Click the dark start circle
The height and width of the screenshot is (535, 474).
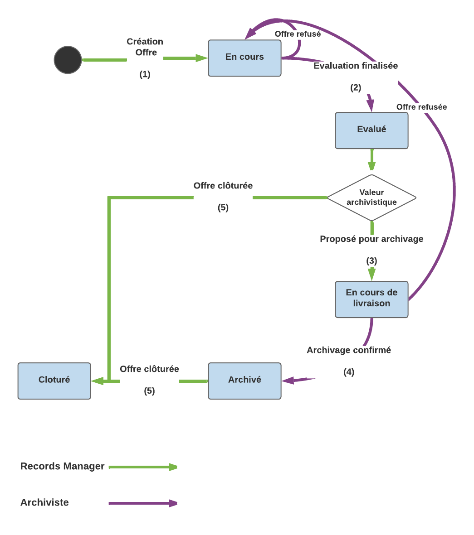tap(68, 60)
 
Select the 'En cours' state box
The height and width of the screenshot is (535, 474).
tap(244, 58)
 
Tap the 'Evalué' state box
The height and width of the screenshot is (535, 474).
tap(371, 130)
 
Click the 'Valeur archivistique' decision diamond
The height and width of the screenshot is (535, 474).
tap(371, 198)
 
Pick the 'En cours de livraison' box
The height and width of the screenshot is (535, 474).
tap(371, 299)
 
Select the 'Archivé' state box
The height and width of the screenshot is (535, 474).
tap(244, 381)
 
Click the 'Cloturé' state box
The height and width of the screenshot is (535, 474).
tap(54, 381)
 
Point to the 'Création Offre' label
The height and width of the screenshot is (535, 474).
tap(145, 47)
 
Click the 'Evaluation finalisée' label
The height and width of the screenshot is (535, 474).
tap(356, 66)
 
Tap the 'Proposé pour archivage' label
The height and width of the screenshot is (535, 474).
tap(371, 239)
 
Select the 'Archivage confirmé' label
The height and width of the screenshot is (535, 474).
tap(349, 350)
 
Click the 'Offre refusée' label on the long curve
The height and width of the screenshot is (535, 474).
tap(421, 107)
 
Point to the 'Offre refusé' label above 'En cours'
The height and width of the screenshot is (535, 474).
tap(298, 34)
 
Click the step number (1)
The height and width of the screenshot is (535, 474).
tap(145, 74)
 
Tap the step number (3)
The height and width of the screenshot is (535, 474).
tap(371, 261)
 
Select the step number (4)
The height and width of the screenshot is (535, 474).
tap(349, 372)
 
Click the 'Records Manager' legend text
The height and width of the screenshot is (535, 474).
tap(63, 466)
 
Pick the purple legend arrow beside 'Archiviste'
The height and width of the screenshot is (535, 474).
tap(143, 503)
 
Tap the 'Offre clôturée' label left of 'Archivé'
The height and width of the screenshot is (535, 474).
tap(149, 369)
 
